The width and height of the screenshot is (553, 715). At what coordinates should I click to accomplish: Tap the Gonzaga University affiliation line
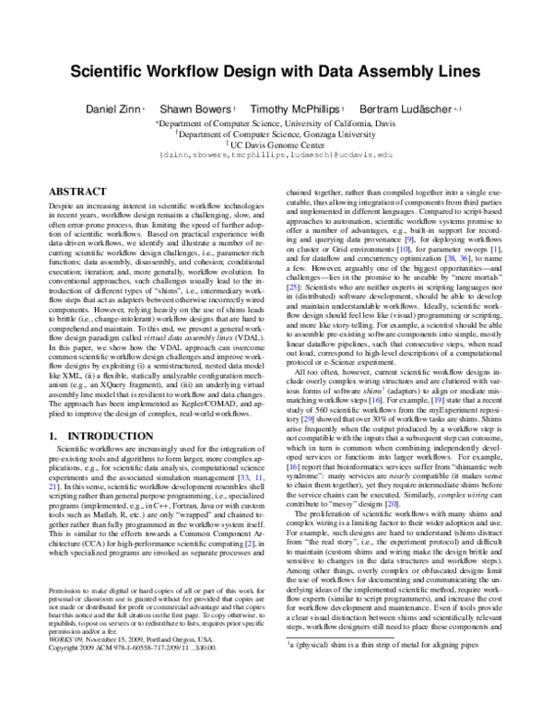click(276, 133)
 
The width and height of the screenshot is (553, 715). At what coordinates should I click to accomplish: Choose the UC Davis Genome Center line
click(276, 144)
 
